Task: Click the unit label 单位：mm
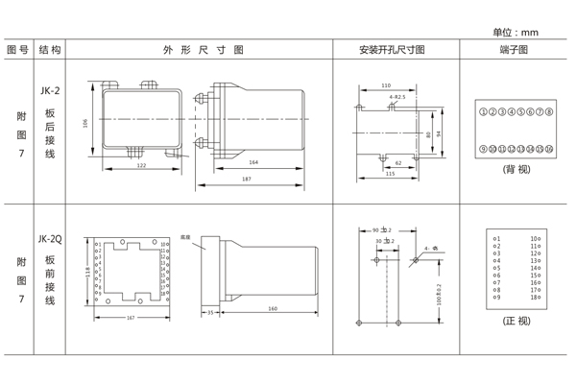point(516,32)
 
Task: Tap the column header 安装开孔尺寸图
point(392,50)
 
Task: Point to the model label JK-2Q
point(50,239)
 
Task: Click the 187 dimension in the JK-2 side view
point(247,180)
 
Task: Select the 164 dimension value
point(253,162)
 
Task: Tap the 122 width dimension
point(141,166)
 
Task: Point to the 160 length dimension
point(273,308)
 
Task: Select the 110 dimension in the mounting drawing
point(386,85)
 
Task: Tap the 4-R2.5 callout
point(397,97)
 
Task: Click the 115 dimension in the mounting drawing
point(390,174)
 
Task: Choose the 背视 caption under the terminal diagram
point(516,169)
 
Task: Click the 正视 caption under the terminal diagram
point(516,321)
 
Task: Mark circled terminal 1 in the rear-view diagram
point(482,112)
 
